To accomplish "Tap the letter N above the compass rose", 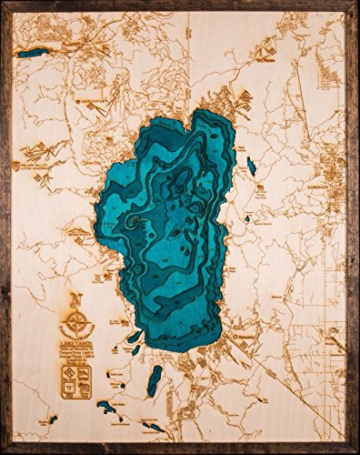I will [79, 299].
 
